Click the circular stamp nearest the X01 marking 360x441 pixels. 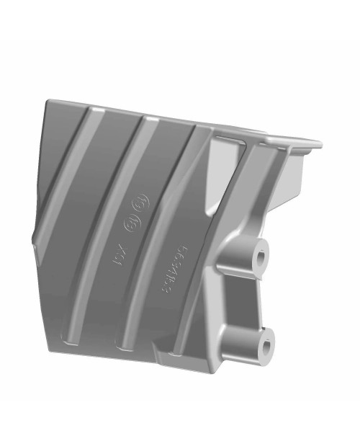pos(132,223)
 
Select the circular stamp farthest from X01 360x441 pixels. pos(141,201)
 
